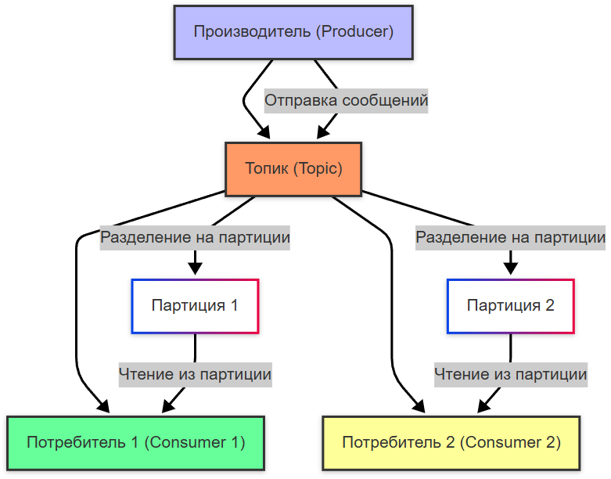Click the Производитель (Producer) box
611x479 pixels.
[x=293, y=32]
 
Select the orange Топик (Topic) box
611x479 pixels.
[x=293, y=169]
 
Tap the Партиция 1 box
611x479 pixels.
[x=195, y=305]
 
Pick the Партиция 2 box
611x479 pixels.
[x=510, y=305]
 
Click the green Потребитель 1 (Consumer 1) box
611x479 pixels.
[x=136, y=442]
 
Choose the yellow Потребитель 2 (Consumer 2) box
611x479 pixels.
[x=451, y=442]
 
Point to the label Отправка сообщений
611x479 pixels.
[x=346, y=101]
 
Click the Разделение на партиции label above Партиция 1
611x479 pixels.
[x=195, y=237]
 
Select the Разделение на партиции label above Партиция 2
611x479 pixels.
[x=510, y=237]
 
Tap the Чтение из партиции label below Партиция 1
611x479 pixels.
[x=195, y=374]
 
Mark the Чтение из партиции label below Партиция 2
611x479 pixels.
[x=510, y=374]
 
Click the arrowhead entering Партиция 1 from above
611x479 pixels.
[x=195, y=269]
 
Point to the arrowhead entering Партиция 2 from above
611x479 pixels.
[x=510, y=269]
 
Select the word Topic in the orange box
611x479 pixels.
[x=316, y=169]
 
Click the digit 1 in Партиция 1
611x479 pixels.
[x=233, y=305]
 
